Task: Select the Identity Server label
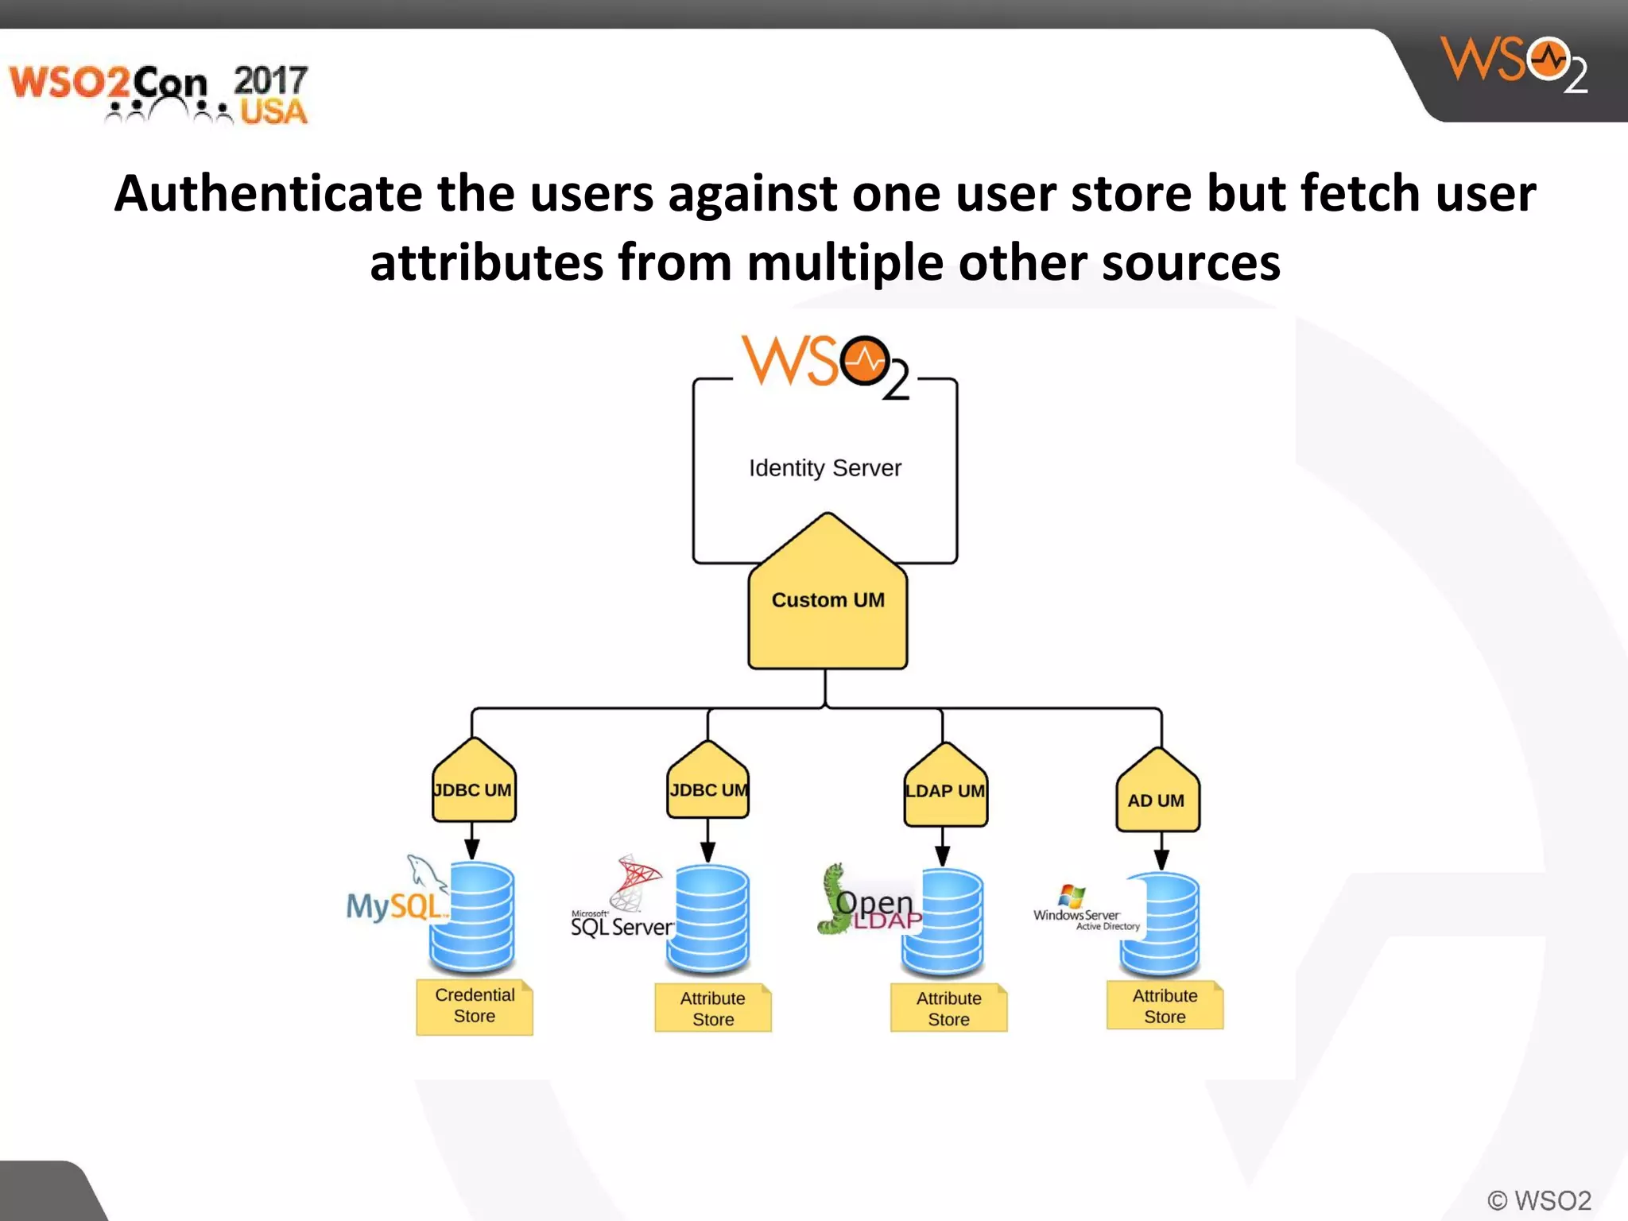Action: pos(825,467)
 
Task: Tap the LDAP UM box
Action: pos(945,790)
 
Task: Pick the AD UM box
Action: pos(1157,799)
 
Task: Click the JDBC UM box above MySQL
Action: pos(474,789)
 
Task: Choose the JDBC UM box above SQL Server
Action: pos(708,789)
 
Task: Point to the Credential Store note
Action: pos(475,1006)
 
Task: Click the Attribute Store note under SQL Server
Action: pos(713,1008)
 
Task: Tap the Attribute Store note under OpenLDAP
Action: pos(948,1008)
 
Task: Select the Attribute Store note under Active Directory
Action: pos(1165,1006)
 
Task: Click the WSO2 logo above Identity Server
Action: pos(825,366)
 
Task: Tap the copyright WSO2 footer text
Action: pos(1539,1200)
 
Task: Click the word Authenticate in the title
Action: pos(268,193)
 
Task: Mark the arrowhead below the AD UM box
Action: pos(1161,859)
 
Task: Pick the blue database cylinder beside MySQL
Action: pos(473,917)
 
